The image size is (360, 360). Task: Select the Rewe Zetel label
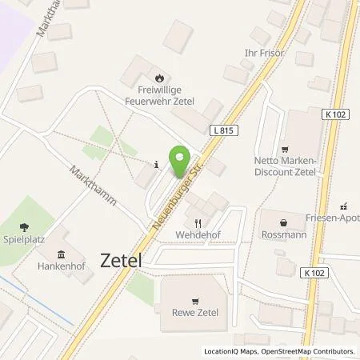click(196, 312)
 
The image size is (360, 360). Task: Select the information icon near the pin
click(155, 165)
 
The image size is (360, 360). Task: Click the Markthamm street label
click(93, 185)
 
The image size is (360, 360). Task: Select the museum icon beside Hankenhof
click(61, 254)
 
